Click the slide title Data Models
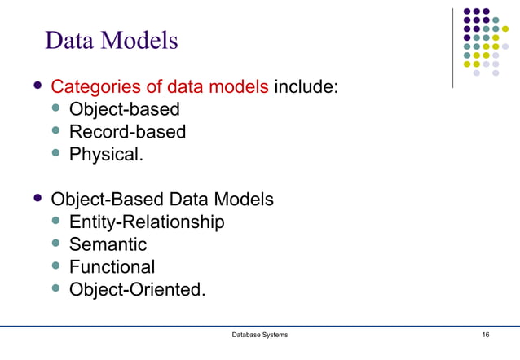pos(111,40)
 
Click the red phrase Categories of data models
pos(160,86)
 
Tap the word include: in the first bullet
pos(306,86)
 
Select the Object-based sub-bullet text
pos(124,108)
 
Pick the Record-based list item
pos(127,131)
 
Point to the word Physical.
pos(106,153)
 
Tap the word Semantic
pos(108,244)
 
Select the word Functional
pos(112,266)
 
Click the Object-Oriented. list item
pos(137,288)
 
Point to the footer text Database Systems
pos(260,336)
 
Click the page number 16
pos(486,336)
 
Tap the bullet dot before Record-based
pos(56,130)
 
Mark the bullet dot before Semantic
pos(56,244)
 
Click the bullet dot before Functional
pos(56,266)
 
